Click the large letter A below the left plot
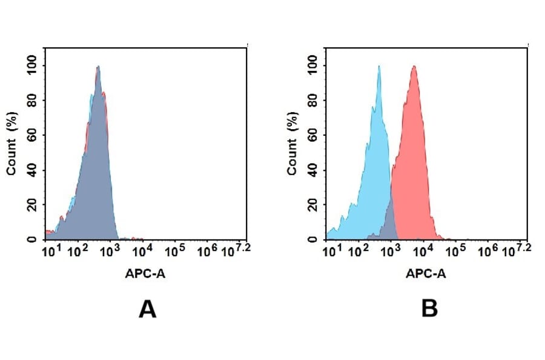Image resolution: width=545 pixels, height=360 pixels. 147,309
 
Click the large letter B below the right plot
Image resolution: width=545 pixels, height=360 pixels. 429,309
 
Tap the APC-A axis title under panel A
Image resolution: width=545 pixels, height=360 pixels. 145,273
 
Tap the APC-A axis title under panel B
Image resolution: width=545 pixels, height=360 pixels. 426,273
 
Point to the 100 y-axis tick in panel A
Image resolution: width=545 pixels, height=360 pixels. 31,65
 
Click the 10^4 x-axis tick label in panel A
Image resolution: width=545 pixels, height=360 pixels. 142,250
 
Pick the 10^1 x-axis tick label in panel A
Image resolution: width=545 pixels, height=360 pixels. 50,250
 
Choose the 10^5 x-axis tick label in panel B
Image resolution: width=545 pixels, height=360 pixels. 456,250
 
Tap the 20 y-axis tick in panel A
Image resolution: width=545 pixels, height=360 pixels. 34,204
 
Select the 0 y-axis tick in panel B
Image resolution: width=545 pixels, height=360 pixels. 317,239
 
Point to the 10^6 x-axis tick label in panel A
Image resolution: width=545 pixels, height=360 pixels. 208,250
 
